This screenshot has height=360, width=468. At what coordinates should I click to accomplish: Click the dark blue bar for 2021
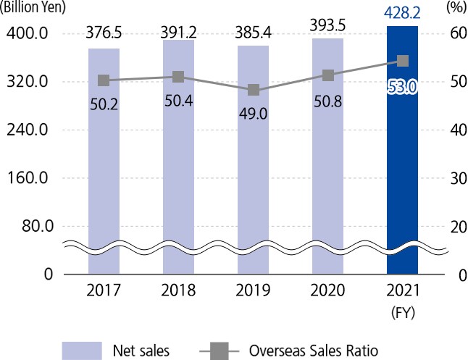(403, 159)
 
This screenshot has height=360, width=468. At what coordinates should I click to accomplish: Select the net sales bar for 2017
(104, 167)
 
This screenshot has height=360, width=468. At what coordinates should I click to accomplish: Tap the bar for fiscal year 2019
(254, 167)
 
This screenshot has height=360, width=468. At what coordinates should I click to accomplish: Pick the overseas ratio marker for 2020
(328, 75)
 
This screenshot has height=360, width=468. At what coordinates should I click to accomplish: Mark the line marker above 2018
(179, 77)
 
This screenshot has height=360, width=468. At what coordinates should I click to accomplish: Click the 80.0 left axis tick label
(32, 225)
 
